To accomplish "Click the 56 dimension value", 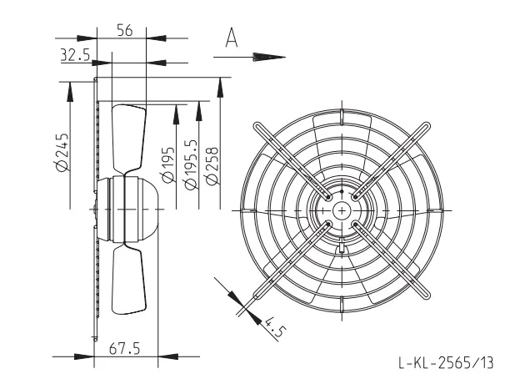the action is click(125, 30).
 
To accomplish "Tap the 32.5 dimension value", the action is click(75, 55).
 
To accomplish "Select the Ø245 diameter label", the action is click(62, 153).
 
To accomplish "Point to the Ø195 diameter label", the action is click(168, 164).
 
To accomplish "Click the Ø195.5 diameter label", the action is click(191, 164).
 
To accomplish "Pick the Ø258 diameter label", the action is click(212, 165).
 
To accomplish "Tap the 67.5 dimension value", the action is click(124, 349).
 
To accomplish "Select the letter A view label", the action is click(232, 38).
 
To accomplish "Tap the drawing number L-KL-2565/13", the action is click(446, 362).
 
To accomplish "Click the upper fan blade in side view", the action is click(129, 138).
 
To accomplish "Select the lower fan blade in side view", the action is click(129, 280).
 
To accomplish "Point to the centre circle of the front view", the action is click(342, 210).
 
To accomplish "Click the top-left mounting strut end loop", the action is click(258, 127).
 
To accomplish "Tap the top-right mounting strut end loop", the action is click(426, 127).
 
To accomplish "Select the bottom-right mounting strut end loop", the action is click(426, 295).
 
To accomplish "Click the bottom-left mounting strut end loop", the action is click(258, 295).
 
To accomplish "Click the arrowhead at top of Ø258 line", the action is click(220, 88).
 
